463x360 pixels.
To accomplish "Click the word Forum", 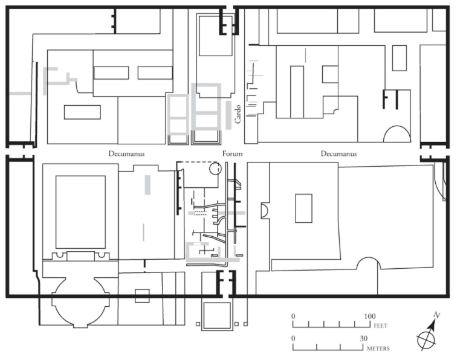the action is [232, 154].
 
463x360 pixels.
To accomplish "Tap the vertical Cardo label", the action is [238, 114].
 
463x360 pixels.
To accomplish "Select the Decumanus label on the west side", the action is [126, 154].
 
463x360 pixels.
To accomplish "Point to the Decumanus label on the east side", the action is [338, 154].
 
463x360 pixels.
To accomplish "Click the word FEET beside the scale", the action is [381, 326].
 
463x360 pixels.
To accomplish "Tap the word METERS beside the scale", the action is [378, 349].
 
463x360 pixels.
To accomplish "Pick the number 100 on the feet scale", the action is [370, 317].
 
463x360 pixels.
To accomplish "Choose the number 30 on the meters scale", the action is [363, 338].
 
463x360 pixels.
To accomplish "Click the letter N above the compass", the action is [437, 315].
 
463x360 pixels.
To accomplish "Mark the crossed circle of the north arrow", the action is [426, 341].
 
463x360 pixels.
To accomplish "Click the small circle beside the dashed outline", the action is [215, 169].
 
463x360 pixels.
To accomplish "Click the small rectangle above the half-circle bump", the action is [303, 208].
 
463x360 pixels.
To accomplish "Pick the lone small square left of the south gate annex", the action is [198, 324].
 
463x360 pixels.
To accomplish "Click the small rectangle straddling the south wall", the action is [142, 296].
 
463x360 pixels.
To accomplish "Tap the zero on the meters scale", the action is [293, 338].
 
